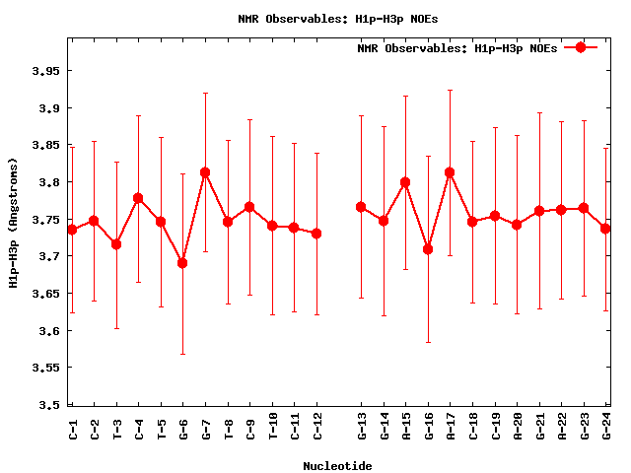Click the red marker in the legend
[581, 47]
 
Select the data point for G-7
[205, 172]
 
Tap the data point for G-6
[182, 263]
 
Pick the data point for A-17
[450, 172]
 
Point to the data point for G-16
[428, 249]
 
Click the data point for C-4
[138, 198]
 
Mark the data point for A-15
[405, 182]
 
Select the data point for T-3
[116, 244]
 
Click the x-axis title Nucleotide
[337, 465]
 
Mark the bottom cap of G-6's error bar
[182, 354]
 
